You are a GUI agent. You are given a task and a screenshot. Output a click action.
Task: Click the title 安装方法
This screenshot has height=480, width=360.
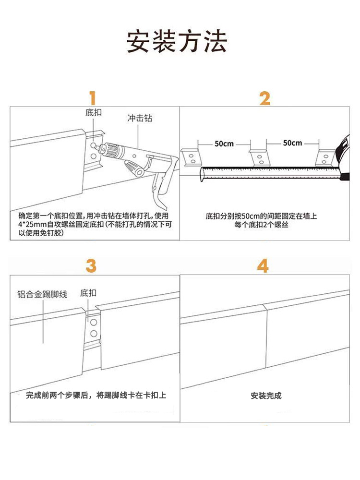pyautogui.click(x=177, y=42)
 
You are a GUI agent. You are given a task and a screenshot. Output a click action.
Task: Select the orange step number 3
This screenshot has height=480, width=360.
pyautogui.click(x=91, y=265)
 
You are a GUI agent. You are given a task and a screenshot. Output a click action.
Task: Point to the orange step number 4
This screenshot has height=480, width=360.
pyautogui.click(x=263, y=265)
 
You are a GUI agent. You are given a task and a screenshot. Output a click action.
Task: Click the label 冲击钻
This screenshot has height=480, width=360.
pyautogui.click(x=140, y=118)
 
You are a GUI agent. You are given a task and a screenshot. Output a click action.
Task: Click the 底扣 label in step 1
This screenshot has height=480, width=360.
pyautogui.click(x=94, y=113)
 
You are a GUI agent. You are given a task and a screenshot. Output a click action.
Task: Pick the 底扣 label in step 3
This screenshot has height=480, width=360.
pyautogui.click(x=88, y=292)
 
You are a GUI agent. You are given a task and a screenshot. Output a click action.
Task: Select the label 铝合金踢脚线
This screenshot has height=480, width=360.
pyautogui.click(x=42, y=294)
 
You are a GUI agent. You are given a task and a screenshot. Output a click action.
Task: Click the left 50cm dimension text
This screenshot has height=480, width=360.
pyautogui.click(x=224, y=143)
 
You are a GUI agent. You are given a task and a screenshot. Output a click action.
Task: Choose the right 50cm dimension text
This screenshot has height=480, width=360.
pyautogui.click(x=292, y=143)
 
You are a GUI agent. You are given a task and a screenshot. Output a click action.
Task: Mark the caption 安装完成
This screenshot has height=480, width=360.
pyautogui.click(x=266, y=396)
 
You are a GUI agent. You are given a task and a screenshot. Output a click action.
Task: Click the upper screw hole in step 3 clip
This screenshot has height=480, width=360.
pyautogui.click(x=94, y=322)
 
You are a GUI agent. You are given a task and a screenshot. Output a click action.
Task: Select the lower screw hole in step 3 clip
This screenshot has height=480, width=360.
pyautogui.click(x=94, y=333)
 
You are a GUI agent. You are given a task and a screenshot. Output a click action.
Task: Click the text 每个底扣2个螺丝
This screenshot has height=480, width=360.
pyautogui.click(x=261, y=225)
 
